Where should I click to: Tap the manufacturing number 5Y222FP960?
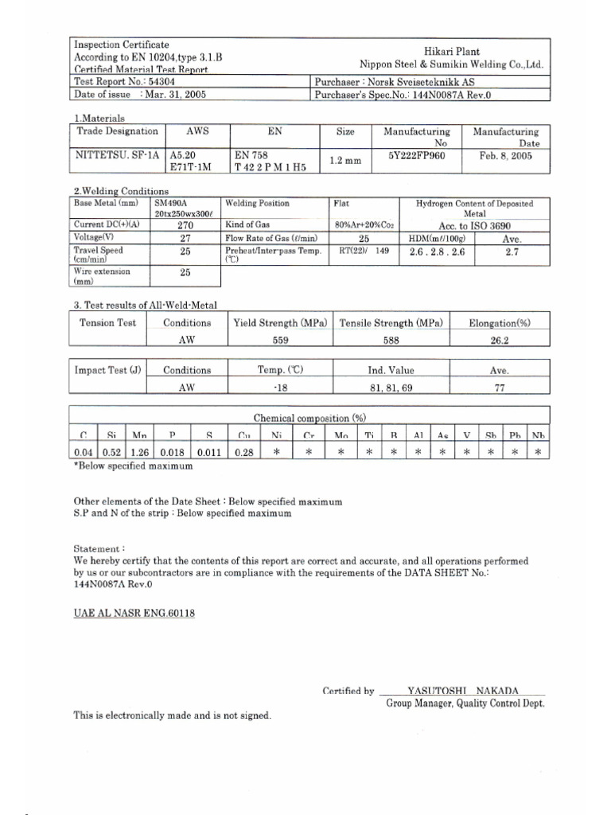point(417,156)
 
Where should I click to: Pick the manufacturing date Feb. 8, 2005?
point(505,156)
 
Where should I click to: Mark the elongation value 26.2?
point(500,339)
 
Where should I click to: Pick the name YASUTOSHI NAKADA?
point(462,691)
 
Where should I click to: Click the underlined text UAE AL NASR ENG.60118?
point(134,614)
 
